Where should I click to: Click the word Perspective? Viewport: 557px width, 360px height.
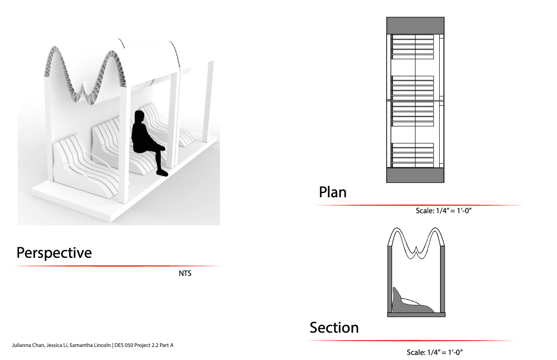point(54,253)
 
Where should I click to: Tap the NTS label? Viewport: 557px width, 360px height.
point(185,273)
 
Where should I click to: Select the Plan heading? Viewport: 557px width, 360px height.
point(333,192)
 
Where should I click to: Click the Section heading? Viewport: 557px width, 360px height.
point(334,328)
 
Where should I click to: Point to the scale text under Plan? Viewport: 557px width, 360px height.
point(443,211)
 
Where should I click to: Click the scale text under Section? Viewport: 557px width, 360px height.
point(435,352)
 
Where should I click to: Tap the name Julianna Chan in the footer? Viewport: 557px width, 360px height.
point(28,345)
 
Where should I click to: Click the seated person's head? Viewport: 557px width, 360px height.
point(139,117)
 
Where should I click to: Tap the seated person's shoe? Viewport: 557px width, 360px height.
point(162,173)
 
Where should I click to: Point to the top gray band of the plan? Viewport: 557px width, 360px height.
point(415,26)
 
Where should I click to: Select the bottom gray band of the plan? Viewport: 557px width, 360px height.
point(415,175)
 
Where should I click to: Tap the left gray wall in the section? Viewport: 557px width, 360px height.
point(390,279)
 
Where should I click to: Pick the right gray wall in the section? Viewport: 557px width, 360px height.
point(443,279)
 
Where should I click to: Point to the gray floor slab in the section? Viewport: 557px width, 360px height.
point(416,315)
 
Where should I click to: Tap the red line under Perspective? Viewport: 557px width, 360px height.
point(117,266)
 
